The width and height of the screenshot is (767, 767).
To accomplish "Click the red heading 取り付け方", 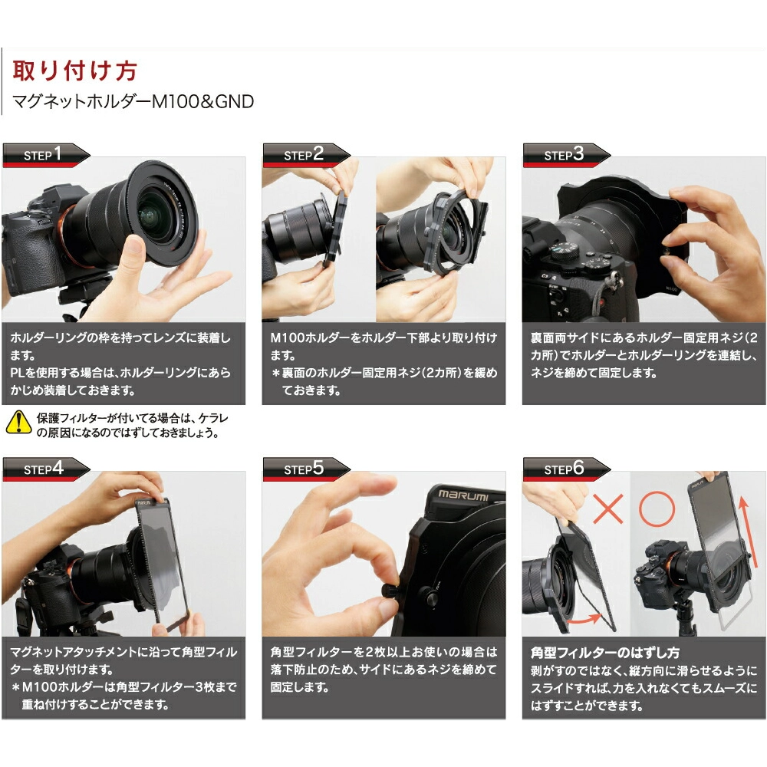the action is [74, 71].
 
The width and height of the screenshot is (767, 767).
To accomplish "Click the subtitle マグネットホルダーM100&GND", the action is [133, 102].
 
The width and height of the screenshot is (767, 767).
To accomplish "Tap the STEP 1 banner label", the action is [43, 155].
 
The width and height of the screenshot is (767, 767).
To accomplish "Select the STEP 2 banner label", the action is [304, 155].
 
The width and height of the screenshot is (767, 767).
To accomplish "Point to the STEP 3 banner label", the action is [564, 155].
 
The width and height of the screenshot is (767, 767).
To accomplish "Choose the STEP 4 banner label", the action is [44, 469].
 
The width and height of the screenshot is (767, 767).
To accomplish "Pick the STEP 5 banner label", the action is [304, 469].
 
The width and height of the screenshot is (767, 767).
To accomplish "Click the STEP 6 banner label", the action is [564, 469].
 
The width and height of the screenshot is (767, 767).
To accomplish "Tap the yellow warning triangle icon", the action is [18, 423].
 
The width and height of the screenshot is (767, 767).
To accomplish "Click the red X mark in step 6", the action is [608, 509].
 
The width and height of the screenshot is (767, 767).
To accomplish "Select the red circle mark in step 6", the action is [657, 509].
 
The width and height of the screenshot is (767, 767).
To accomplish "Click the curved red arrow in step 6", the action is [584, 620].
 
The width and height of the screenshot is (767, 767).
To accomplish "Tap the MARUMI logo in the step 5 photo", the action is [463, 495].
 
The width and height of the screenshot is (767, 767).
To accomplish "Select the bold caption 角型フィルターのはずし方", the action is [605, 653].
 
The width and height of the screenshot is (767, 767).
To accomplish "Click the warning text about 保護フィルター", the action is [132, 425].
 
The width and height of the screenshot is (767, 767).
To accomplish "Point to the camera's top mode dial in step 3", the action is [564, 251].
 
